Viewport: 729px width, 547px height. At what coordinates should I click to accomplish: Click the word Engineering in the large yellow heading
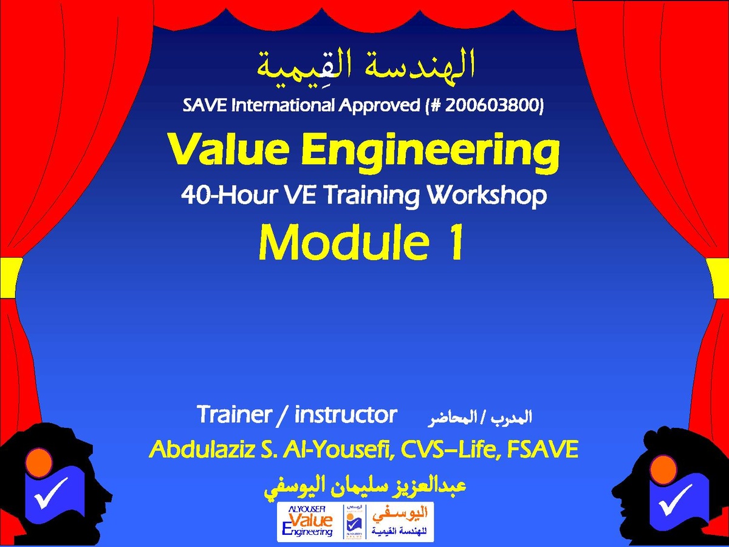pyautogui.click(x=431, y=154)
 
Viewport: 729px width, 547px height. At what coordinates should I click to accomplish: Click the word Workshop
pyautogui.click(x=487, y=196)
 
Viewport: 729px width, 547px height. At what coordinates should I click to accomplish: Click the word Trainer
pyautogui.click(x=233, y=414)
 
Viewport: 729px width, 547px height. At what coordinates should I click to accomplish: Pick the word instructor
pyautogui.click(x=346, y=414)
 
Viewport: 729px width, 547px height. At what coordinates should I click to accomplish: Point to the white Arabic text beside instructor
pyautogui.click(x=479, y=418)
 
